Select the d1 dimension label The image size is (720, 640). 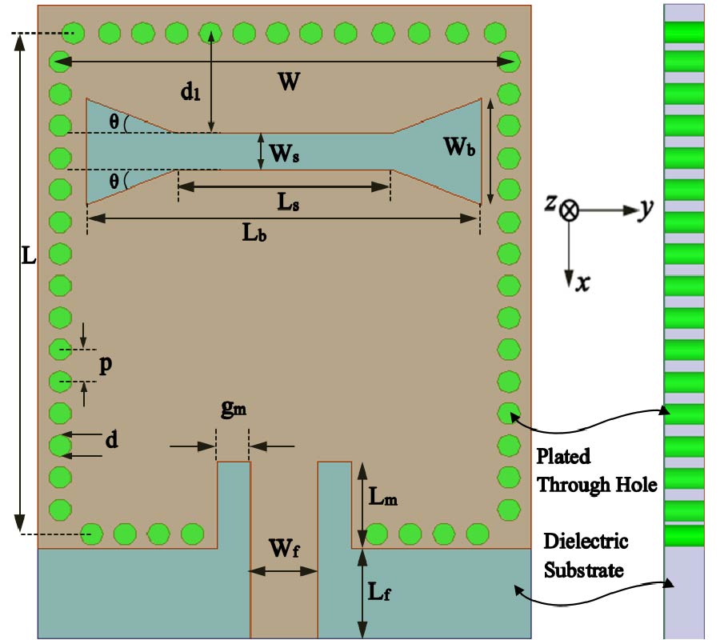point(190,93)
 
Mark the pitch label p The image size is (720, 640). point(105,365)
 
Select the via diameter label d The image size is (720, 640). point(113,440)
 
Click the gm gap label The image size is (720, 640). point(234,410)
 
